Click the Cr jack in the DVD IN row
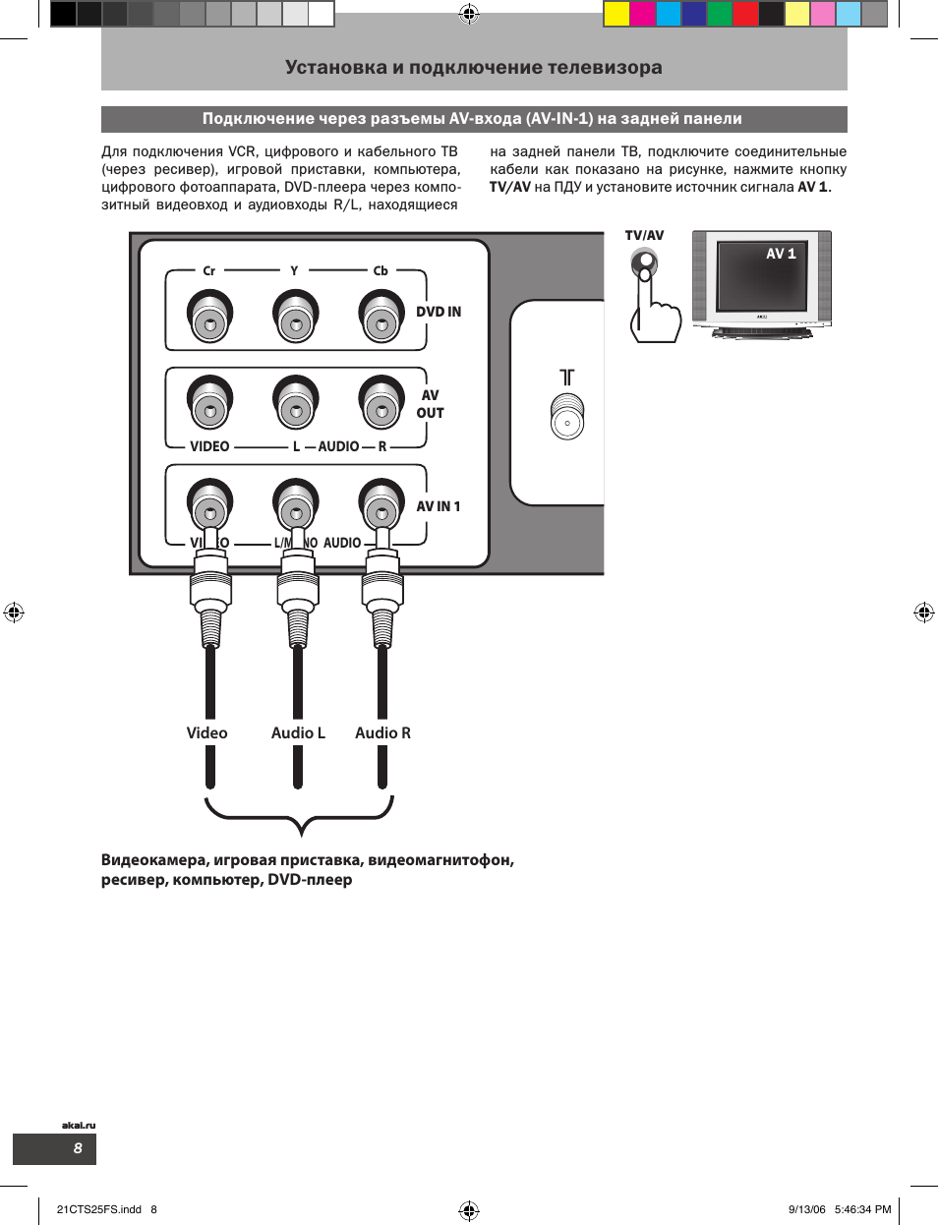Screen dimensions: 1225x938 click(x=208, y=317)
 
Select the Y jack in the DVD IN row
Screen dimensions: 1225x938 click(x=295, y=317)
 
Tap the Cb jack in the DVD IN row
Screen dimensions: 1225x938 click(x=381, y=317)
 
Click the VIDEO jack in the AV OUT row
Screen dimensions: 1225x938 click(x=208, y=403)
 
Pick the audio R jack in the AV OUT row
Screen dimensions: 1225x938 click(x=381, y=403)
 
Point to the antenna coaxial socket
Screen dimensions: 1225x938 click(x=567, y=417)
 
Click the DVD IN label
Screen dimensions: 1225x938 click(x=439, y=312)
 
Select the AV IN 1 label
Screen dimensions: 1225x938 click(x=439, y=506)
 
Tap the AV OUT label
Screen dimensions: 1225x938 click(x=430, y=404)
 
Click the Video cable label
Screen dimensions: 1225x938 click(x=206, y=733)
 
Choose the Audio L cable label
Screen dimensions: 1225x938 click(x=298, y=733)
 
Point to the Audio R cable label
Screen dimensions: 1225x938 click(x=382, y=733)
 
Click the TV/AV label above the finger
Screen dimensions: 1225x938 click(x=644, y=236)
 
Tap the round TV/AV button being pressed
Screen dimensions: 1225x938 click(x=644, y=263)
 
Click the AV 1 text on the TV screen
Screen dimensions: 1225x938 click(x=781, y=254)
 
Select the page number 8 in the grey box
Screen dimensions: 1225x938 click(x=78, y=1148)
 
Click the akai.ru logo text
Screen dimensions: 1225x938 click(x=79, y=1125)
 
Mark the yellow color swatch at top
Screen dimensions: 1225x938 click(x=616, y=14)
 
